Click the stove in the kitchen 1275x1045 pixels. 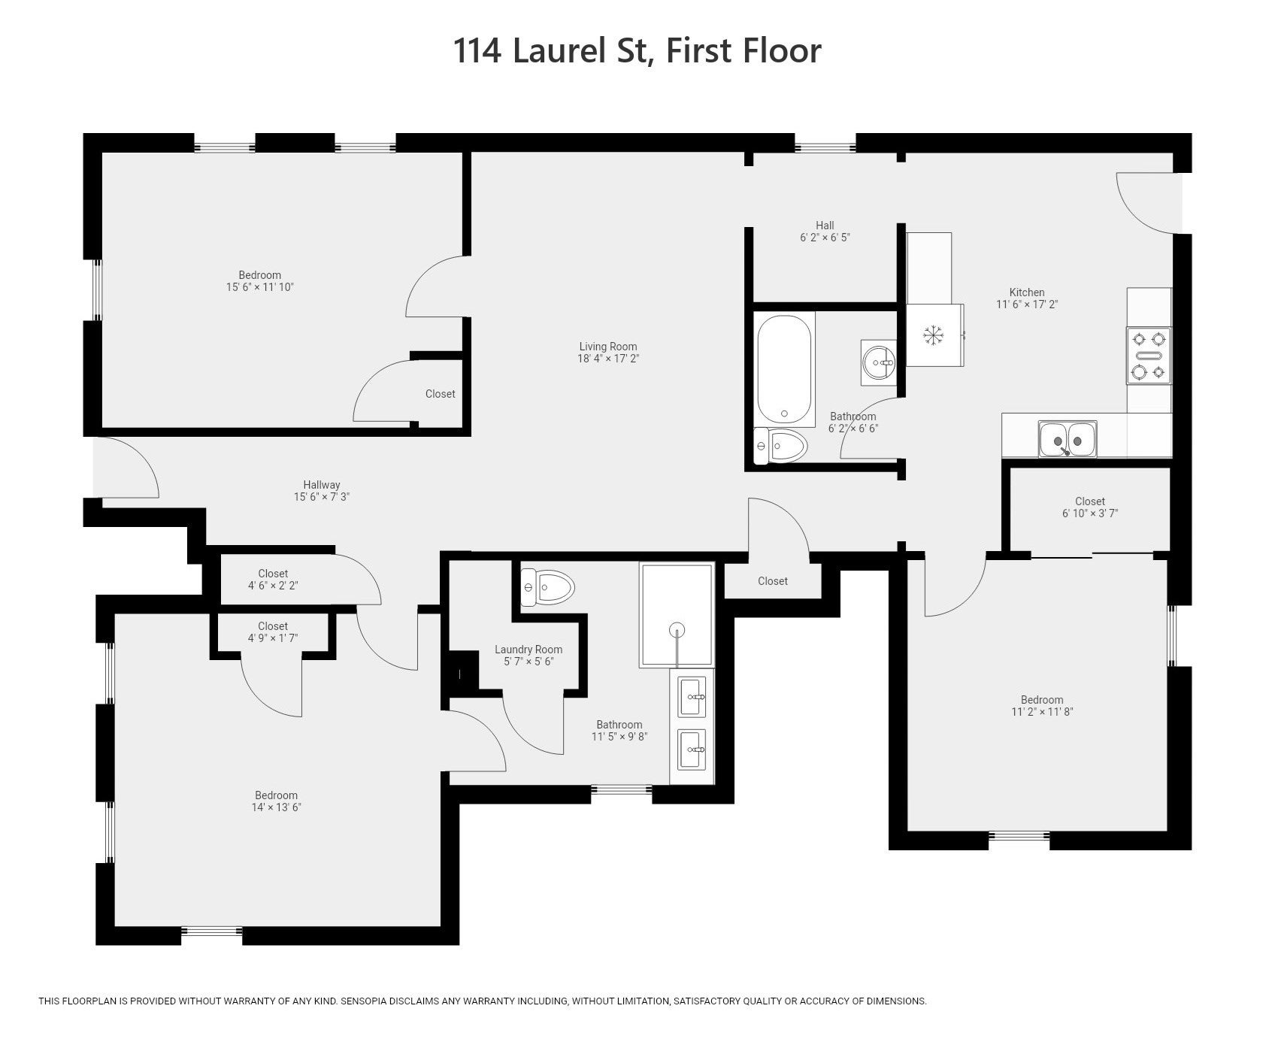tap(1149, 356)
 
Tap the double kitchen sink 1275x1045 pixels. tap(1068, 439)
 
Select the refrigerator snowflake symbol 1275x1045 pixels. tap(933, 335)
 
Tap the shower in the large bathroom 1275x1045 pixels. tap(677, 614)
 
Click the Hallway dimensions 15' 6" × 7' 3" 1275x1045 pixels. tap(322, 497)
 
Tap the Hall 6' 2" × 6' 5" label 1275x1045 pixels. tap(825, 231)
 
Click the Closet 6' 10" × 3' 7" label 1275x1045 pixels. tap(1090, 507)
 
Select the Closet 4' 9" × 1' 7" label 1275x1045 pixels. tap(273, 632)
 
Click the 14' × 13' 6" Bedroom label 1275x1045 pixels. tap(277, 801)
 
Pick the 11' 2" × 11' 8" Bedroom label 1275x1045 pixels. tap(1042, 706)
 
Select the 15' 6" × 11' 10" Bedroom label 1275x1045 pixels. tap(260, 281)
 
